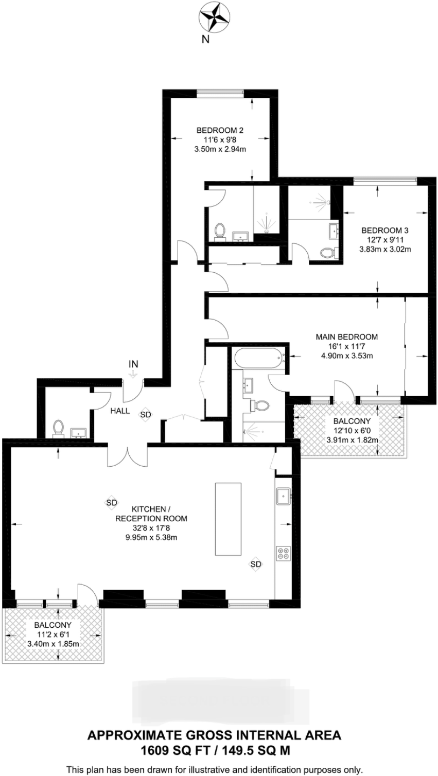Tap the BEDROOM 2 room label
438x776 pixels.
coord(220,130)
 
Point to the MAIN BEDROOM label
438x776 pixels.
coord(346,337)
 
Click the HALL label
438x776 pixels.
coord(119,411)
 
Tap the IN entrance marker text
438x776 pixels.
coord(133,364)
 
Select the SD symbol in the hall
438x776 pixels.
coord(146,414)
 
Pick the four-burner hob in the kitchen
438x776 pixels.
coord(283,553)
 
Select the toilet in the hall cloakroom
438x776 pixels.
coord(58,428)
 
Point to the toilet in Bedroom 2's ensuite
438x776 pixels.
coord(220,232)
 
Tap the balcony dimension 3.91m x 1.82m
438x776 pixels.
coord(353,440)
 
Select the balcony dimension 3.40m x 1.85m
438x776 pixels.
coord(53,644)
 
